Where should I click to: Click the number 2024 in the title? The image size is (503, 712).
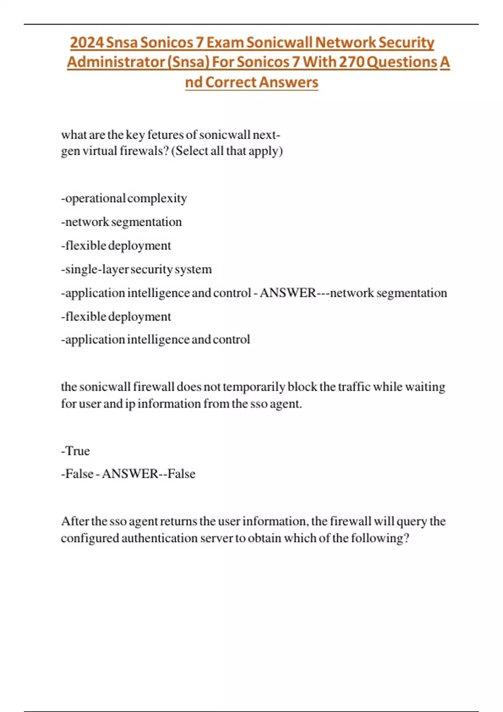click(87, 42)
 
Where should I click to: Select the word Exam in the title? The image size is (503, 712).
click(225, 42)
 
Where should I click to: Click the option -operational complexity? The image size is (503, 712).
click(124, 198)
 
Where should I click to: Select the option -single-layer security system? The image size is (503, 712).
click(136, 269)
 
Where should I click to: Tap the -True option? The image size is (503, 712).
click(75, 451)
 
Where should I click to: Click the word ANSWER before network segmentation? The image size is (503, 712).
click(288, 293)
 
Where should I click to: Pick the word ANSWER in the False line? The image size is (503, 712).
click(130, 474)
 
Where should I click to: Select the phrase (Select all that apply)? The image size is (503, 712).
click(227, 151)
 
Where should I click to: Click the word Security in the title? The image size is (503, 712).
click(406, 42)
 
